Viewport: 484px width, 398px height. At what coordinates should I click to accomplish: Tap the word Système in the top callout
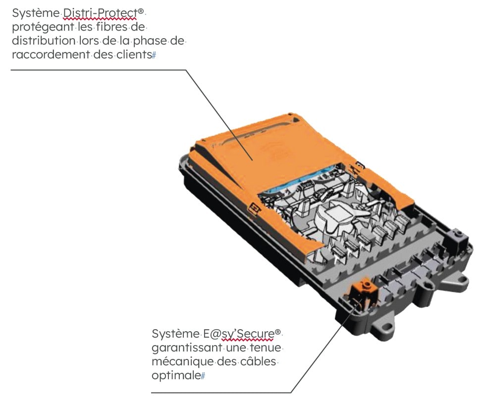(36, 13)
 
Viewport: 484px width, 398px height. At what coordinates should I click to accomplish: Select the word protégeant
(43, 28)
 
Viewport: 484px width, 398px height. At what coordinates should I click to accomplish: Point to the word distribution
(44, 41)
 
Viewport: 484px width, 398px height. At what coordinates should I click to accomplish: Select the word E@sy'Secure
(239, 334)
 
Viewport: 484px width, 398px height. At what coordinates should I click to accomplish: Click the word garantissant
(187, 348)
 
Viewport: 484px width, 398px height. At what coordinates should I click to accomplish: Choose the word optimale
(176, 376)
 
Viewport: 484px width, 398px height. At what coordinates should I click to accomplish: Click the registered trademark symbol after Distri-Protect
(141, 11)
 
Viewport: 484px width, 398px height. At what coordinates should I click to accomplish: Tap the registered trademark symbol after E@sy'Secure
(278, 332)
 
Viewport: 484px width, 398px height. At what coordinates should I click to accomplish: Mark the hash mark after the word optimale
(203, 376)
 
